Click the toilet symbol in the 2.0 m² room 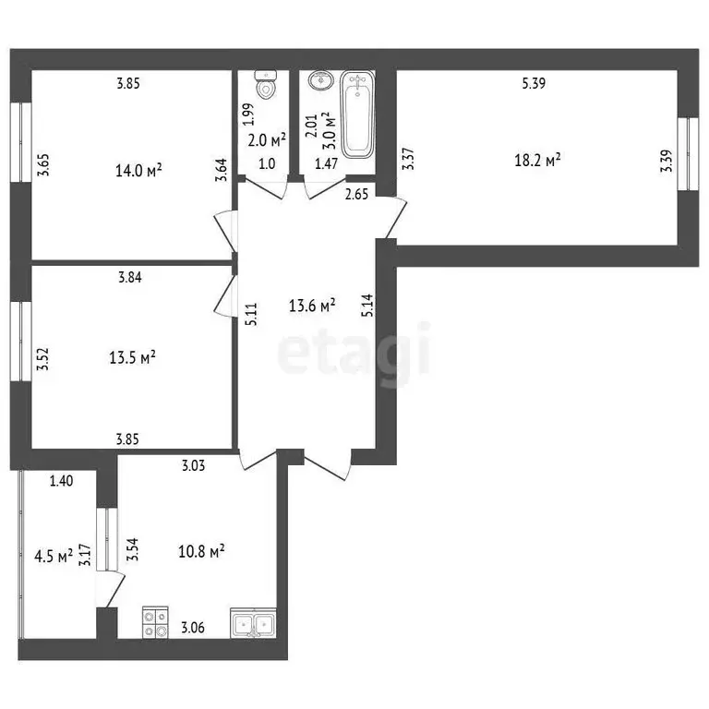tap(266, 86)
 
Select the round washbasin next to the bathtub tap(319, 82)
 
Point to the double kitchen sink tap(252, 625)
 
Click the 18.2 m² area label tap(537, 160)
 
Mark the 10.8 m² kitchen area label tap(201, 551)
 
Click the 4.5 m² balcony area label tap(53, 556)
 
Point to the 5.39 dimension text tap(534, 84)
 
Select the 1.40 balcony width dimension tap(61, 479)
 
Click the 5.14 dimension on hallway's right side tap(367, 306)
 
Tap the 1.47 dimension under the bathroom tap(327, 163)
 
